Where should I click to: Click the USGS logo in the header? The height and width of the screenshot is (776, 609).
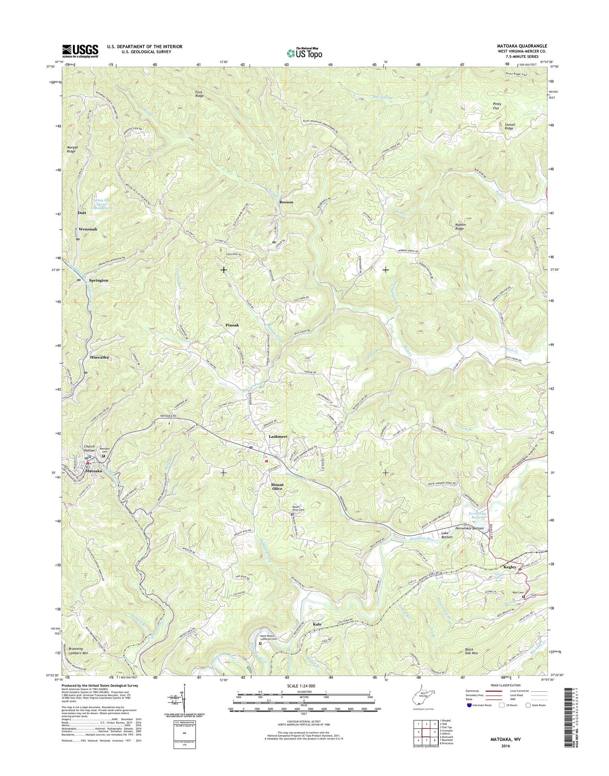tap(80, 51)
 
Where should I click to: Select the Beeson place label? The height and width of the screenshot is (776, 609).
tap(286, 202)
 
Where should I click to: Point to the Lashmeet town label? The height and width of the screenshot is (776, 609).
tap(278, 436)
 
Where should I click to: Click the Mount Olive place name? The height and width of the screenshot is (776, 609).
tap(277, 487)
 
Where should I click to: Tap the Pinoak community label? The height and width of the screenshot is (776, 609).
tap(232, 325)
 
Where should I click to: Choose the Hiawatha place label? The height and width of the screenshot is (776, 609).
tap(99, 357)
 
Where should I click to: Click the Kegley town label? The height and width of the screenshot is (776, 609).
tap(510, 567)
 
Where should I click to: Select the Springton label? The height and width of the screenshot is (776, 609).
tap(99, 280)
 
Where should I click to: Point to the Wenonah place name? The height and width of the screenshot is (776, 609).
tap(88, 229)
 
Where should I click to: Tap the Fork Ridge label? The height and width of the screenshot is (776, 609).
tap(199, 94)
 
